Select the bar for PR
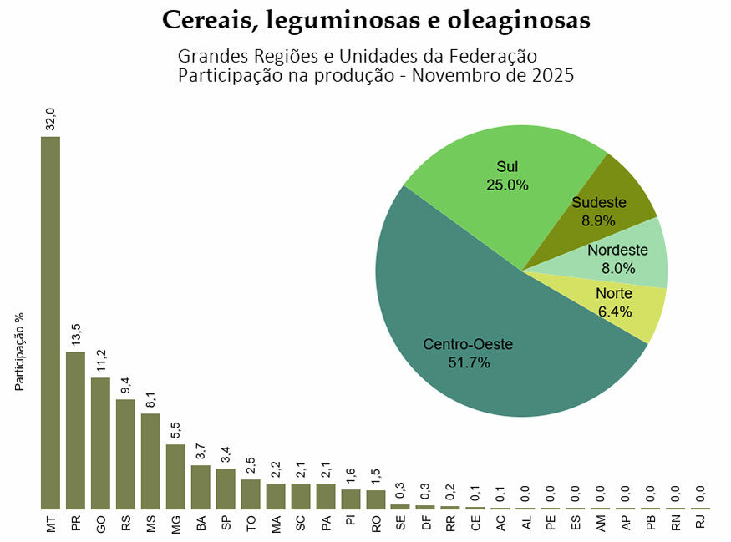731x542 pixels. tap(75, 430)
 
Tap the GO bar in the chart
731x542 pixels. tap(100, 443)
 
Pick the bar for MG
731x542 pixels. tap(175, 476)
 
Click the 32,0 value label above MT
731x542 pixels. tap(50, 119)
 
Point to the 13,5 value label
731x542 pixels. tap(75, 334)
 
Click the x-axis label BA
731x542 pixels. tap(201, 523)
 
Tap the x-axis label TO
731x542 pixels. tap(251, 523)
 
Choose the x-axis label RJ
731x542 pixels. tap(700, 523)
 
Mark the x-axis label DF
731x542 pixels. tap(425, 523)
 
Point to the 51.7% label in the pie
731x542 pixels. tap(469, 362)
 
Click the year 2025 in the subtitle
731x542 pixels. tap(551, 75)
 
